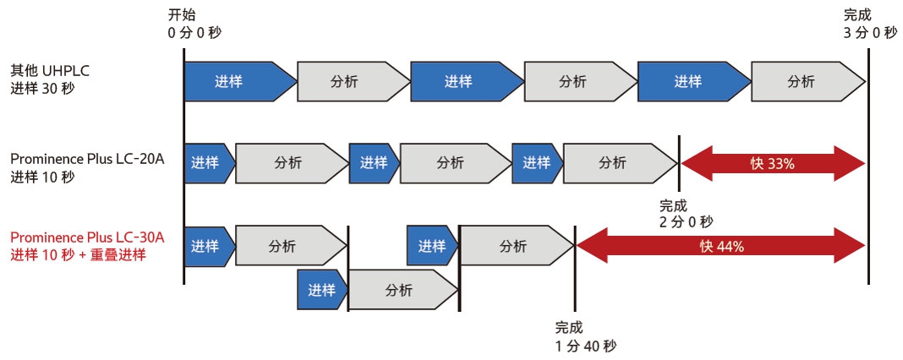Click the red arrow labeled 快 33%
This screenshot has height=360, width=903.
[x=773, y=163]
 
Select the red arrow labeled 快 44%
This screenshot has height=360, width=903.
[x=721, y=246]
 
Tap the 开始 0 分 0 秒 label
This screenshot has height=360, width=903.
[x=195, y=25]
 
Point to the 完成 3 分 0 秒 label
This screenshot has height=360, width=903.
[x=869, y=25]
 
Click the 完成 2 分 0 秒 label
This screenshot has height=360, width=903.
[x=686, y=213]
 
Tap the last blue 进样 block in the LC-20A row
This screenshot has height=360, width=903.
[x=536, y=163]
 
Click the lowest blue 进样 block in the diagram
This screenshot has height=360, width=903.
[x=320, y=290]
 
